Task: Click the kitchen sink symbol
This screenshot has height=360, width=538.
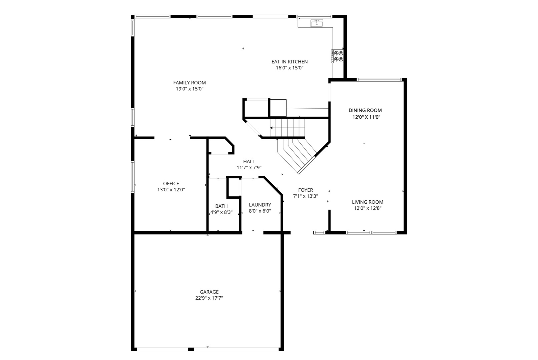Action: coord(317,23)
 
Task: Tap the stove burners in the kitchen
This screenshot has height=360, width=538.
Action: coord(338,56)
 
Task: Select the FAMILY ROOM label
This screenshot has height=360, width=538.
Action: coord(189,83)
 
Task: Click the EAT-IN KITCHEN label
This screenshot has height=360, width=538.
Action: coord(290,62)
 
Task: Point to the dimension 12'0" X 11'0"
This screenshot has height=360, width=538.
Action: coord(366,117)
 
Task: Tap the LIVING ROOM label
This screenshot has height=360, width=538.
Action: coord(368,202)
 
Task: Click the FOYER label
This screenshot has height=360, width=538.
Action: coord(306,190)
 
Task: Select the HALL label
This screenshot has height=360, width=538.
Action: coord(249,162)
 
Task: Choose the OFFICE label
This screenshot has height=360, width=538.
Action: coord(171,184)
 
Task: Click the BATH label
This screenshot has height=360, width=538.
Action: coord(221,206)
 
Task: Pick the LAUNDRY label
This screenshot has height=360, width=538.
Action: coord(260,205)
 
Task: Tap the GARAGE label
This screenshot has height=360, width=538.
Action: coord(209,292)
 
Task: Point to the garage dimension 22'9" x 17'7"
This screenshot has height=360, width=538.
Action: coord(209,298)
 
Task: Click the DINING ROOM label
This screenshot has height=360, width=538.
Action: coord(365,110)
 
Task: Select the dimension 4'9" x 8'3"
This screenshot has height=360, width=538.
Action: coord(221,212)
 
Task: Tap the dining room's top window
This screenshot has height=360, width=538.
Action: coord(379,80)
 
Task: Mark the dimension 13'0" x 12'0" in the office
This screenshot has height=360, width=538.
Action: coord(171,190)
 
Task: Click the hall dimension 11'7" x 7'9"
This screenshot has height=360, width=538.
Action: coord(249,168)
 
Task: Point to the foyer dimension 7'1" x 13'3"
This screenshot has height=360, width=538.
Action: coord(306,196)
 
